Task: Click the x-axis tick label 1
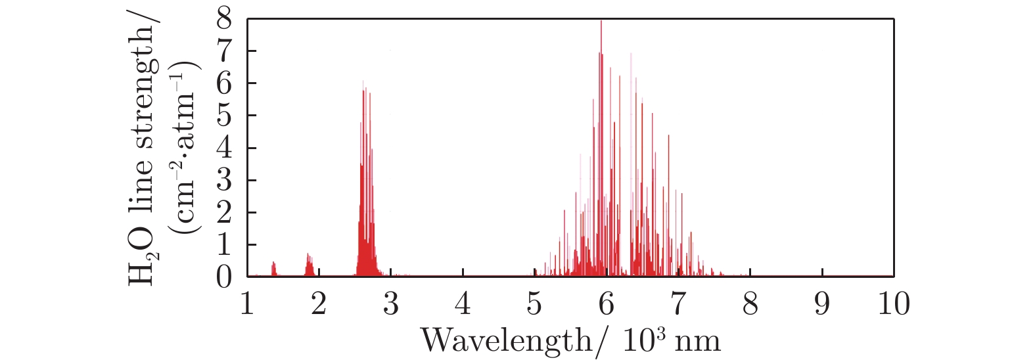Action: (x=247, y=304)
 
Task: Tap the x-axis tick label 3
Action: (x=391, y=304)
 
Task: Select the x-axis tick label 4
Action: (x=463, y=304)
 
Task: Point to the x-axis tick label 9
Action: (x=822, y=304)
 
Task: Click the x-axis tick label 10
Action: (x=894, y=304)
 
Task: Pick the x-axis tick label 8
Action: (x=750, y=304)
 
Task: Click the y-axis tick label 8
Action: (x=224, y=20)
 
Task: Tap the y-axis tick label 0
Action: (x=224, y=277)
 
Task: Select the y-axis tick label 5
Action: (x=224, y=116)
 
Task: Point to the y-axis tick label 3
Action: (x=224, y=181)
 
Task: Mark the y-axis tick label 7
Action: (x=224, y=52)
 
